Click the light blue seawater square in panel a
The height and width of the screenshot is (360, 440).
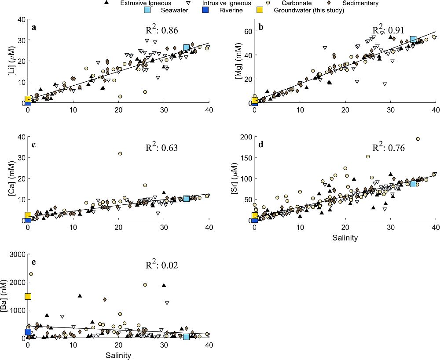coord(187,47)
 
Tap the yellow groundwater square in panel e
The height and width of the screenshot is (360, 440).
coord(28,296)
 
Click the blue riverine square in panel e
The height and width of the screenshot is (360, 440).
coord(28,332)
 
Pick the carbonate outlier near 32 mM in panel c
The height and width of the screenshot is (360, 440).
coord(120,153)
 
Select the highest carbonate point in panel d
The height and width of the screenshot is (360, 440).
coord(418,139)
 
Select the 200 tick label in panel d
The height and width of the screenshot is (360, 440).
coord(243,137)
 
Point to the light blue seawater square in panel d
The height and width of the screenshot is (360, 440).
coord(413,183)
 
